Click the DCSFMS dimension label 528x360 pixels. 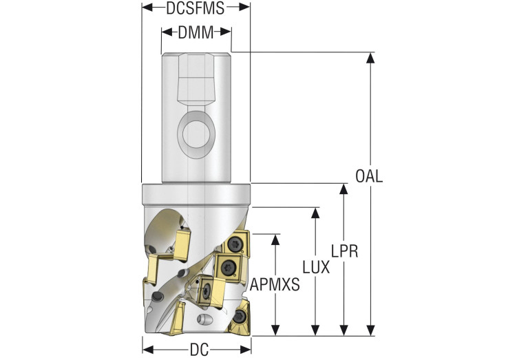[196, 8]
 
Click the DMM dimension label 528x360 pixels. [196, 32]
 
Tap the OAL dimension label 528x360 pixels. [369, 176]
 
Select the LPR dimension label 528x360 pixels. [344, 251]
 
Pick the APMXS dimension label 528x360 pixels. [275, 284]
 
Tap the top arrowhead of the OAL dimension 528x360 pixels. [370, 56]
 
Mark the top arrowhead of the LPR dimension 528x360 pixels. [344, 189]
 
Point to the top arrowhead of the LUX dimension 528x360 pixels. [315, 212]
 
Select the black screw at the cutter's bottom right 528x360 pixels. [240, 317]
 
